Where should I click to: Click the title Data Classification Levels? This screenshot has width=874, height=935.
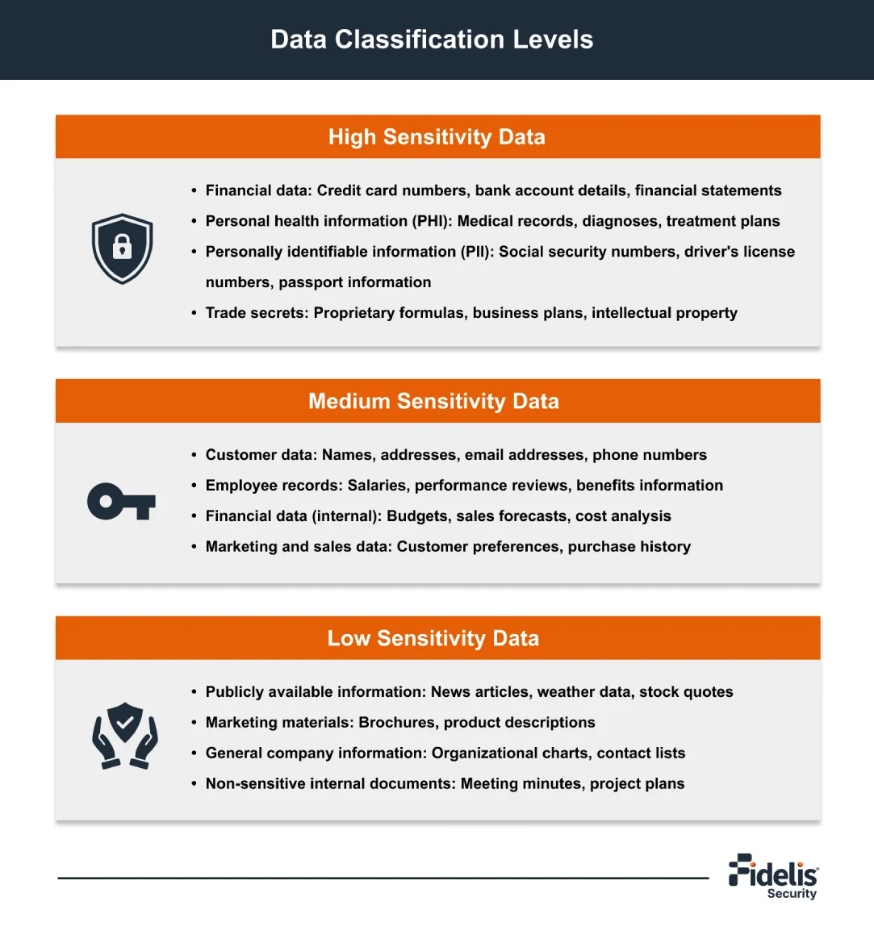pos(432,40)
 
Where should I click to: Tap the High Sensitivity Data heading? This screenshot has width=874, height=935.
pos(437,137)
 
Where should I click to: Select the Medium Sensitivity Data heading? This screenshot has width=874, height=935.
pos(433,402)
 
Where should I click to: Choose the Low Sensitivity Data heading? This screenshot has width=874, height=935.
pos(433,639)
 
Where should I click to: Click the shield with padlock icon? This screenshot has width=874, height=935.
pos(122,248)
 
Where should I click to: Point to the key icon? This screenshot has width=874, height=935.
pos(121,502)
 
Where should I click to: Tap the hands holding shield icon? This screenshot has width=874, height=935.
pos(124,735)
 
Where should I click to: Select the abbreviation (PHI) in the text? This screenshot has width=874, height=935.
pos(433,221)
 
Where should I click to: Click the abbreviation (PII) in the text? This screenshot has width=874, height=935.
pos(473,252)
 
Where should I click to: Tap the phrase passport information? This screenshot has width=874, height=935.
pos(355,282)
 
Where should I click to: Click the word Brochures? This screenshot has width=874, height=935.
pos(395,723)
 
